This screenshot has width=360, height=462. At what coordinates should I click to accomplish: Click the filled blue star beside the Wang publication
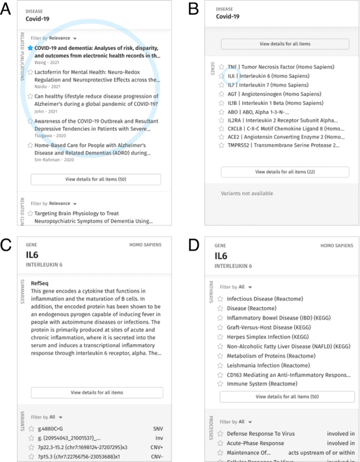[30, 48]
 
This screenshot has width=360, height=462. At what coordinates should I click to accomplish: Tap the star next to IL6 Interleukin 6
[222, 75]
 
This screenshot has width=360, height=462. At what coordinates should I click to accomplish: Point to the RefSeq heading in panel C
[40, 284]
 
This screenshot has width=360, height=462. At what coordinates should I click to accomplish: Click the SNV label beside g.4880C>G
[157, 428]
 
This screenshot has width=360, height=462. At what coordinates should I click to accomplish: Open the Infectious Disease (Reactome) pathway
[264, 298]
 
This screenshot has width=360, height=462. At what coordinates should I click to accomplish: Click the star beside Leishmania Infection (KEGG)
[221, 365]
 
